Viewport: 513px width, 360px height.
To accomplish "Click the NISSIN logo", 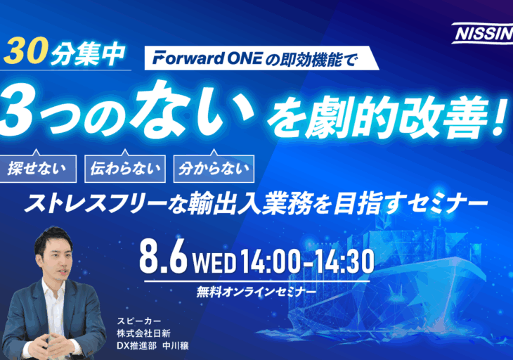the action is coord(483,33).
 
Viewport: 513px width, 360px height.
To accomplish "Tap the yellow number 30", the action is coord(25,52).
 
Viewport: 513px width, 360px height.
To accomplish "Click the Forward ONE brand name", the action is coord(207,58).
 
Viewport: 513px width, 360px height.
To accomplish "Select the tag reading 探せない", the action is coord(38,169).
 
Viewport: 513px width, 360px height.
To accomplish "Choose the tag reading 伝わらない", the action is coord(125,169).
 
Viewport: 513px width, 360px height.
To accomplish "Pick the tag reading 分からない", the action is coord(214,169).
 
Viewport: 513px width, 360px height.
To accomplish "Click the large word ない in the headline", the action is coord(190,109).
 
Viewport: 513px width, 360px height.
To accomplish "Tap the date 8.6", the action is coord(163,256).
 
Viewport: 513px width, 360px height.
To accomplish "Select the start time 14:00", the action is coord(270,261).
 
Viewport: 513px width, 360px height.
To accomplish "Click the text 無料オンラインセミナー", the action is coord(256,292).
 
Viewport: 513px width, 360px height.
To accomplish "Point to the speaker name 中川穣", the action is coord(176,346).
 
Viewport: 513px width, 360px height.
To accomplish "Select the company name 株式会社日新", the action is coord(143,333).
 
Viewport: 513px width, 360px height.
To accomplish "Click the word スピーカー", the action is coord(139,321).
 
